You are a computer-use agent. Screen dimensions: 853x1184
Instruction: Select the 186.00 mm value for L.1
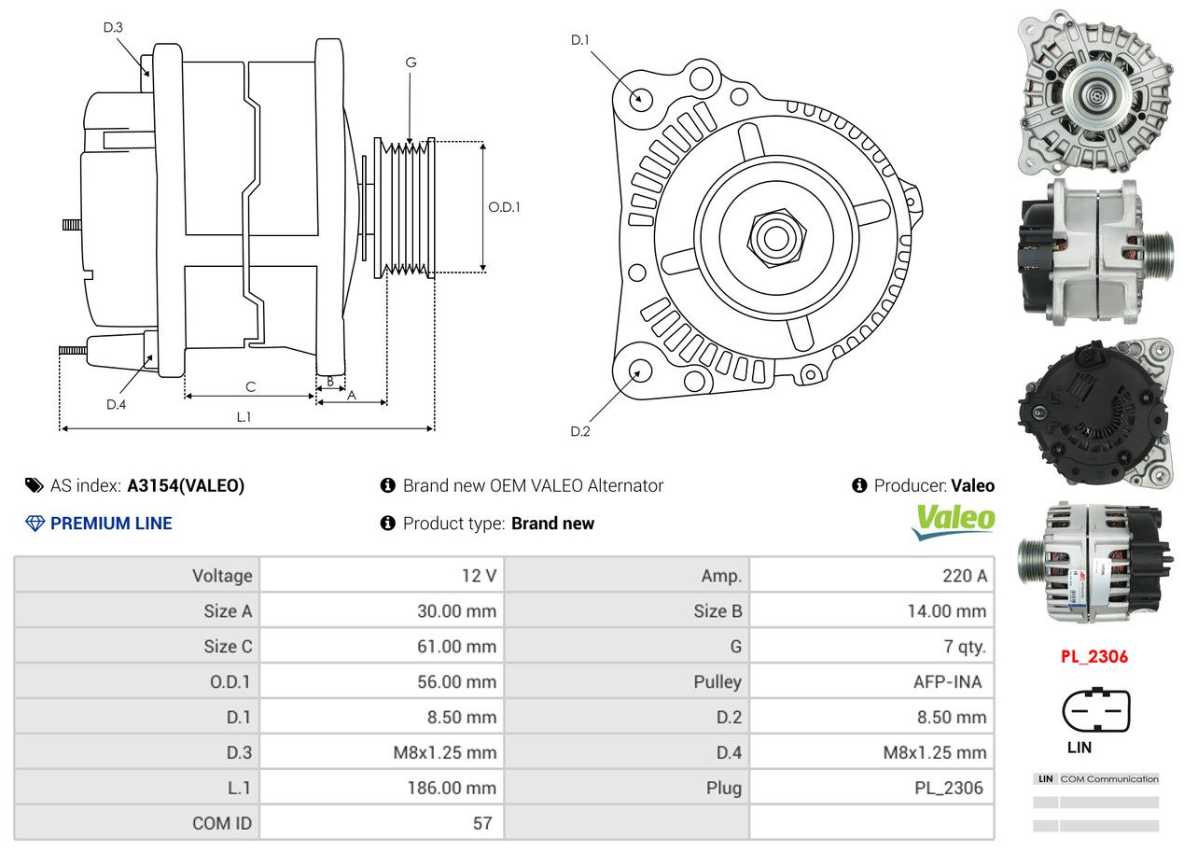pyautogui.click(x=451, y=788)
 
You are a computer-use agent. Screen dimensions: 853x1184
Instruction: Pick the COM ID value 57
pyautogui.click(x=482, y=823)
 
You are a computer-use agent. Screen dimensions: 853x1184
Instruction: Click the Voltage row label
pyautogui.click(x=222, y=576)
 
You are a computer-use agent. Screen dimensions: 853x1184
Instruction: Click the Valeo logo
pyautogui.click(x=953, y=521)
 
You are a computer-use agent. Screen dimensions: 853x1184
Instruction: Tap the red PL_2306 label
pyautogui.click(x=1093, y=656)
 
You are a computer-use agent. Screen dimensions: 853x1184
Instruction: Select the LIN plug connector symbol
pyautogui.click(x=1096, y=712)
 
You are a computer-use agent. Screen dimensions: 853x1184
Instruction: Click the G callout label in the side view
pyautogui.click(x=411, y=63)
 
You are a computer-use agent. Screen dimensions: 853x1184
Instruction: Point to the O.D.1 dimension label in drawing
pyautogui.click(x=504, y=206)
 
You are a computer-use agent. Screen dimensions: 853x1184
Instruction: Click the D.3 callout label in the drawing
pyautogui.click(x=113, y=27)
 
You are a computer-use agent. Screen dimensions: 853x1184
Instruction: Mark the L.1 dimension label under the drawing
pyautogui.click(x=244, y=417)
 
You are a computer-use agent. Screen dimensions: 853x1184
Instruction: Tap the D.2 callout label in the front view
pyautogui.click(x=580, y=431)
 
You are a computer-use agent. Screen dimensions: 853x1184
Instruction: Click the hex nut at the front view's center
pyautogui.click(x=773, y=237)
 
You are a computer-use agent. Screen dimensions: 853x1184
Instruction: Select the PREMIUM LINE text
pyautogui.click(x=111, y=524)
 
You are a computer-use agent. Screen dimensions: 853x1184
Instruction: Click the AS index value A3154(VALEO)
pyautogui.click(x=186, y=485)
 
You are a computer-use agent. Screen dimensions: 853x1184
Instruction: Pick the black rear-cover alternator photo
pyautogui.click(x=1094, y=414)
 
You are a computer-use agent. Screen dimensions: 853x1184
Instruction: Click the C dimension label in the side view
pyautogui.click(x=250, y=386)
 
